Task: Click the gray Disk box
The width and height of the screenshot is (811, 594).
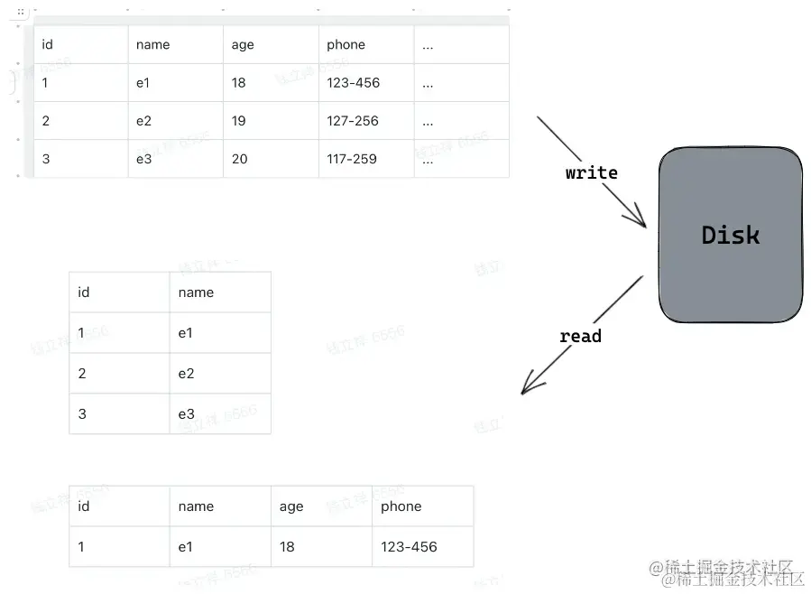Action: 730,235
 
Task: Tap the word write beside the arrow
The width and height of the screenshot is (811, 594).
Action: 591,172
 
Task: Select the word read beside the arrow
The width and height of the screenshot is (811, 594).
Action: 580,336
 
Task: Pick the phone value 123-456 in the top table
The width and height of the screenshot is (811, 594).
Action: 353,83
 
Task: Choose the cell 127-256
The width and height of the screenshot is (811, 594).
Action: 353,121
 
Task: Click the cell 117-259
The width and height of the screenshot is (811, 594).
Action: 353,159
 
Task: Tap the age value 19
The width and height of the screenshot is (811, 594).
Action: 238,121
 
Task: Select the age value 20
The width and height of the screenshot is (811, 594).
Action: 239,159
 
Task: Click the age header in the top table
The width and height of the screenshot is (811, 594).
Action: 243,44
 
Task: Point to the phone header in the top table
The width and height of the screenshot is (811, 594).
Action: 346,44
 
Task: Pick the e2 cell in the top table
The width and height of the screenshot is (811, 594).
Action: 144,121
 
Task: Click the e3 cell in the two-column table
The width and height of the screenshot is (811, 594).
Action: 186,414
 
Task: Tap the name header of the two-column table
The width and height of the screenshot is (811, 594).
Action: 196,292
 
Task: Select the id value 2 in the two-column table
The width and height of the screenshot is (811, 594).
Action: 82,374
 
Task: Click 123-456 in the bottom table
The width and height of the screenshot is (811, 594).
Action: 409,546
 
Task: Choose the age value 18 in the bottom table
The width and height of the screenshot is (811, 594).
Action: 287,546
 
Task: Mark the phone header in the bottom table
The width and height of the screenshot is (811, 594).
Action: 401,506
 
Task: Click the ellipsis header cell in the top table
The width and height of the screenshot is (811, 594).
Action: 428,44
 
